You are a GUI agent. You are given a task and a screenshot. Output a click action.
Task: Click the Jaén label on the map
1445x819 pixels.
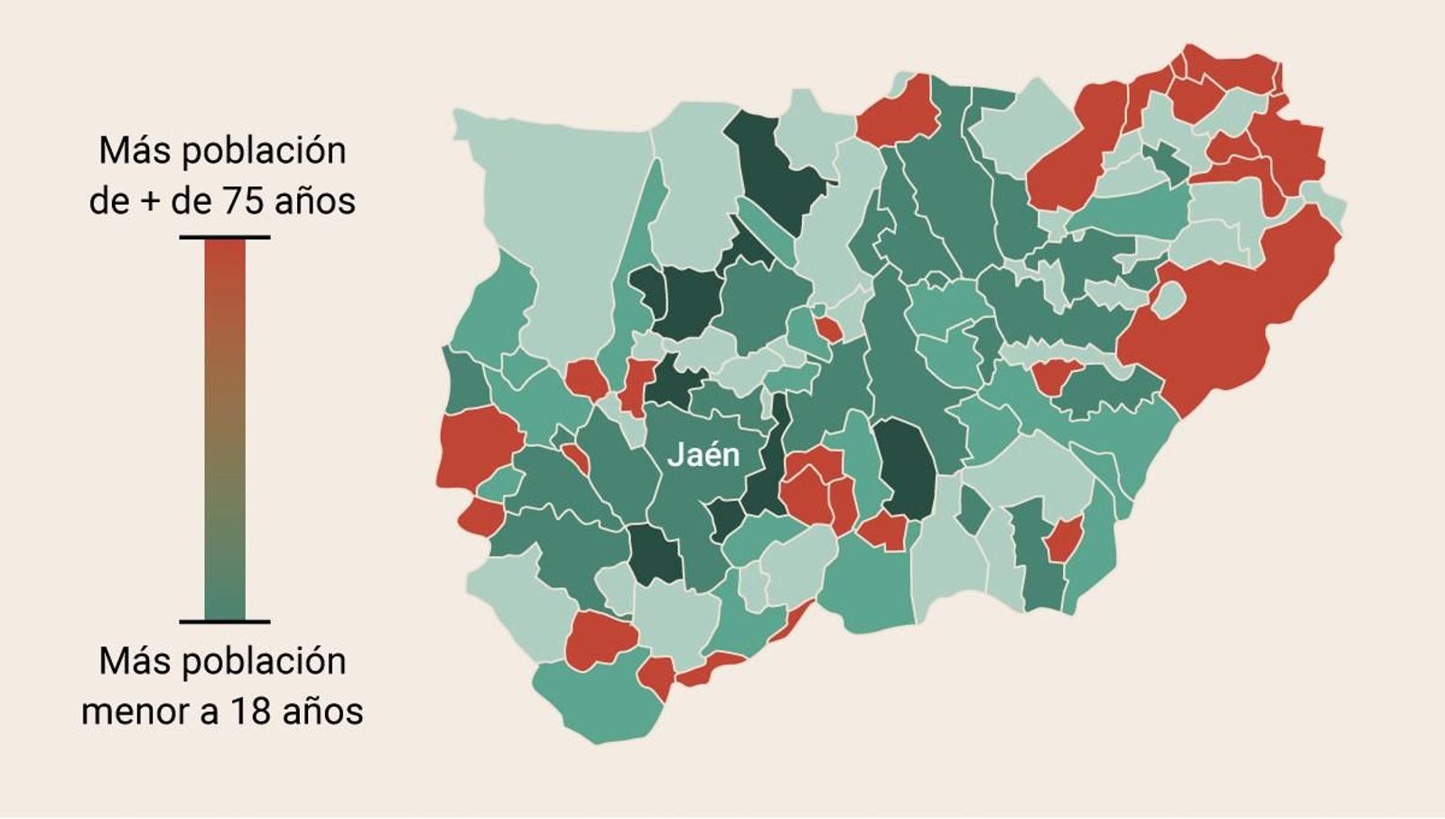pos(704,455)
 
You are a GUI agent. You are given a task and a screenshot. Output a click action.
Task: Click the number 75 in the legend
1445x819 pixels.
pos(244,200)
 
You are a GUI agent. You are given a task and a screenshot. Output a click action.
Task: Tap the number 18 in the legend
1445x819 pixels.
pos(250,711)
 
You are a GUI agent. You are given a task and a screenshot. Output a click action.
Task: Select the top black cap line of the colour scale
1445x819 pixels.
pos(224,237)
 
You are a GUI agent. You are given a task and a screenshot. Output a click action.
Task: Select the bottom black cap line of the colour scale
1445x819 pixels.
pos(224,621)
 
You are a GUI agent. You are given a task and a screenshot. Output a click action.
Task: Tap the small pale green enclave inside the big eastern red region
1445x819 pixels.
pos(1169,300)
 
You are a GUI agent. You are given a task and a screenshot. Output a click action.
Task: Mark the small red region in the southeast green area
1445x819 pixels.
pos(1063,540)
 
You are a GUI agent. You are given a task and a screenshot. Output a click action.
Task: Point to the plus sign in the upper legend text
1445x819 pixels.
pos(150,200)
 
